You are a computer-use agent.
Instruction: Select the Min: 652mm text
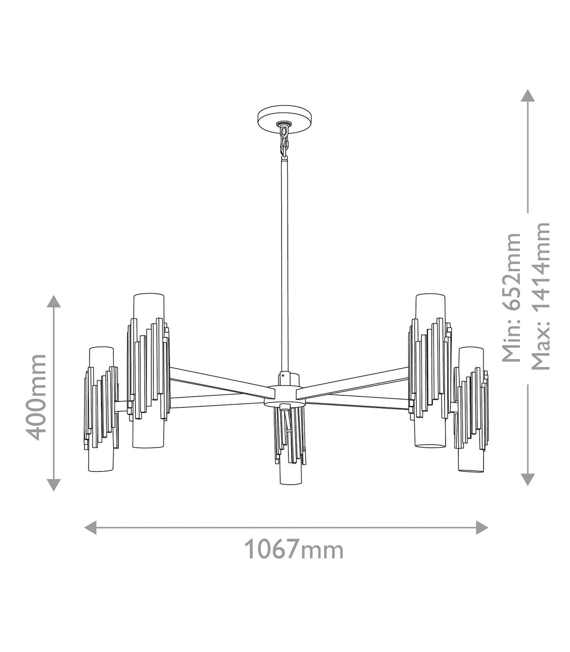[x=511, y=297]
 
